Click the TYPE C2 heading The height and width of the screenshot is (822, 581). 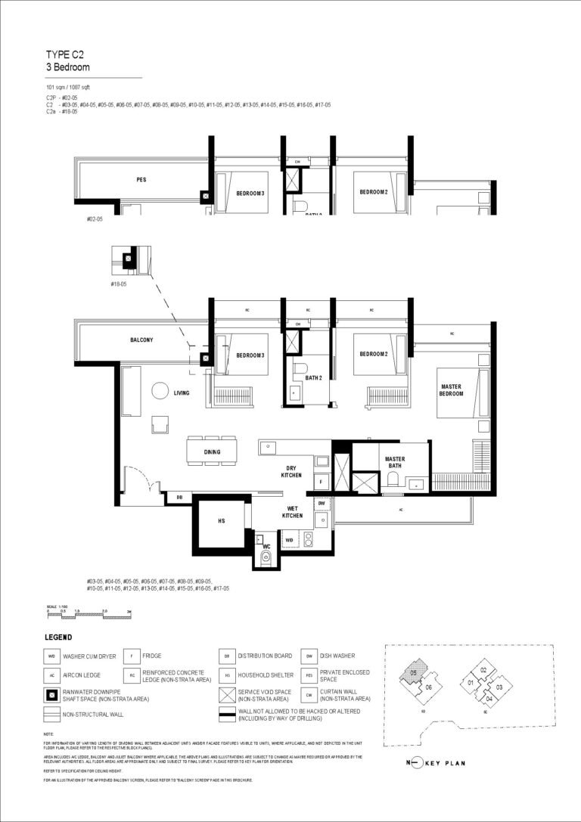(x=63, y=55)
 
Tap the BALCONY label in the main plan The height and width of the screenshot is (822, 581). (x=141, y=340)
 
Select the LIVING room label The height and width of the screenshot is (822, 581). (x=181, y=393)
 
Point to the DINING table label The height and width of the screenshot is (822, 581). (x=212, y=452)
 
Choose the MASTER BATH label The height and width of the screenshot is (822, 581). (x=395, y=462)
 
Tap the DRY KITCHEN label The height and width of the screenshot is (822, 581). (x=291, y=471)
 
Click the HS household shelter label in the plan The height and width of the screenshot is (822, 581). (x=222, y=520)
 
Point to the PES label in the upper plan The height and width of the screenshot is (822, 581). (x=141, y=180)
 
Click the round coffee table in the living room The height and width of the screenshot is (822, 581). (x=160, y=391)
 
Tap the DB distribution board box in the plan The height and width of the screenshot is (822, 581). (x=179, y=497)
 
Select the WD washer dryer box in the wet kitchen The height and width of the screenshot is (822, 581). (x=290, y=540)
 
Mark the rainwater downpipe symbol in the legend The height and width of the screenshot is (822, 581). (x=52, y=694)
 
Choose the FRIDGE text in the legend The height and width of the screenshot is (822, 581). (x=151, y=656)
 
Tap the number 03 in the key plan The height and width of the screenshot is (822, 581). (x=499, y=687)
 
